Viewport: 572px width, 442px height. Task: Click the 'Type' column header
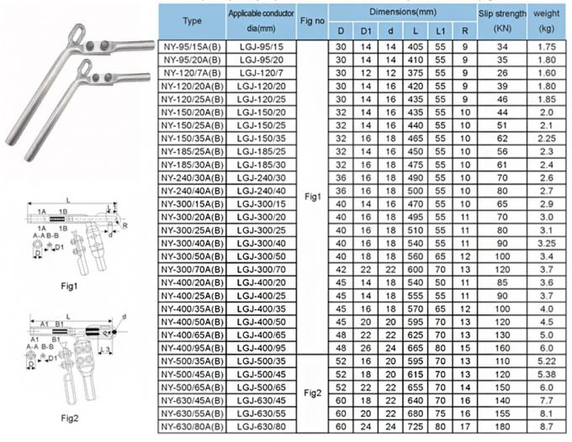[x=192, y=18]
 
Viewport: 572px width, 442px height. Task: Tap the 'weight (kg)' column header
[x=547, y=18]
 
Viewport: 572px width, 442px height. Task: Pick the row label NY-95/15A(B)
[x=192, y=49]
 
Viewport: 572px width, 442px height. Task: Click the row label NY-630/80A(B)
[x=192, y=427]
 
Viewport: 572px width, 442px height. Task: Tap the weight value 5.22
[x=547, y=360]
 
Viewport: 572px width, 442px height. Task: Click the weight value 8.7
[x=547, y=427]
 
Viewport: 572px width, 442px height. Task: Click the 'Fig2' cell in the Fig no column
[x=310, y=393]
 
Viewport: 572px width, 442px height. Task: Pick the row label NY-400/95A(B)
[x=192, y=347]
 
